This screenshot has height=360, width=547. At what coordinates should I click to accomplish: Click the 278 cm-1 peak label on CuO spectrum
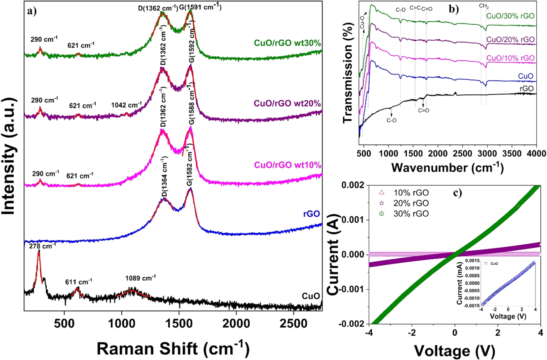(42, 246)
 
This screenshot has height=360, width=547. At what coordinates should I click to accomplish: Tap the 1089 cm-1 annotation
(140, 278)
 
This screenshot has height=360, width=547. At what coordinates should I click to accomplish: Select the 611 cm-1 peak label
(79, 282)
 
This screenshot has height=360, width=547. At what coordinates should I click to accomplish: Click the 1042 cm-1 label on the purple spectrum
(126, 105)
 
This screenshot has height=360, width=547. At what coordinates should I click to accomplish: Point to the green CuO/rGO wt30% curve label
(287, 43)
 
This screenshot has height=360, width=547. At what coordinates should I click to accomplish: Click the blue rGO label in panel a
(311, 214)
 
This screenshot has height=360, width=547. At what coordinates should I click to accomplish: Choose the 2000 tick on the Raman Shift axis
(236, 324)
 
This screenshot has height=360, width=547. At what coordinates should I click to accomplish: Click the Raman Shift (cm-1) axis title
(173, 349)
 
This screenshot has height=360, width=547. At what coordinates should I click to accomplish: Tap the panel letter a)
(32, 11)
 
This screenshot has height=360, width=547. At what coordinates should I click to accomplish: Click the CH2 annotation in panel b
(484, 6)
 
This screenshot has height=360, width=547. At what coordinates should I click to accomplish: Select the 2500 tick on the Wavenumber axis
(463, 154)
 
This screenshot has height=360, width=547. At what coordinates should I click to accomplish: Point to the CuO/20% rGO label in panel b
(510, 40)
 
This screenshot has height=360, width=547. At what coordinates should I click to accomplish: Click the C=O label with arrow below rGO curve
(423, 111)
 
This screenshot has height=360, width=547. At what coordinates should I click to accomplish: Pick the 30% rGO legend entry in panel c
(411, 214)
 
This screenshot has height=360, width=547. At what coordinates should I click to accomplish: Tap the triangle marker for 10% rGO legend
(382, 192)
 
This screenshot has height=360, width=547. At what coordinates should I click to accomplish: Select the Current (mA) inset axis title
(459, 283)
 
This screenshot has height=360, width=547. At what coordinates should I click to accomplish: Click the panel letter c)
(457, 193)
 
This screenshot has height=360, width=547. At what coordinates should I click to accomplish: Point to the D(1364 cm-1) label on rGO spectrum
(164, 177)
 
